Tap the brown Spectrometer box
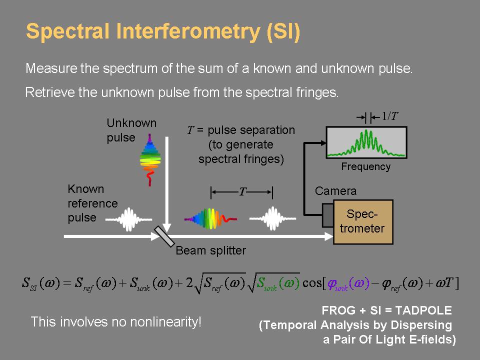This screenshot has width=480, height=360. coord(363,222)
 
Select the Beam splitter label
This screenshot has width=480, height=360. coord(210,250)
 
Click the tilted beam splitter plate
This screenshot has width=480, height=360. coord(164,236)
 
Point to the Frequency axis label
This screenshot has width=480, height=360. coord(366,166)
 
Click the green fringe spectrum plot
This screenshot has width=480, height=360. coord(366,142)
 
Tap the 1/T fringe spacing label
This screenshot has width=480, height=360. coord(389,116)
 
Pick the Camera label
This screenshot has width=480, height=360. coord(336,191)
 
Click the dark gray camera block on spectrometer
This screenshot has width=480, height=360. coord(327,215)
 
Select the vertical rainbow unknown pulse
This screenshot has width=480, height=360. coord(150,159)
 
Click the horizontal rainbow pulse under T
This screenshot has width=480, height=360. coord(210,218)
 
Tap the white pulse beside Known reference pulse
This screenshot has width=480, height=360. coord(128,219)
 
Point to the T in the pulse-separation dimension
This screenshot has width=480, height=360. coord(242,192)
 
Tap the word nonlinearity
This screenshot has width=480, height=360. coord(165,322)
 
